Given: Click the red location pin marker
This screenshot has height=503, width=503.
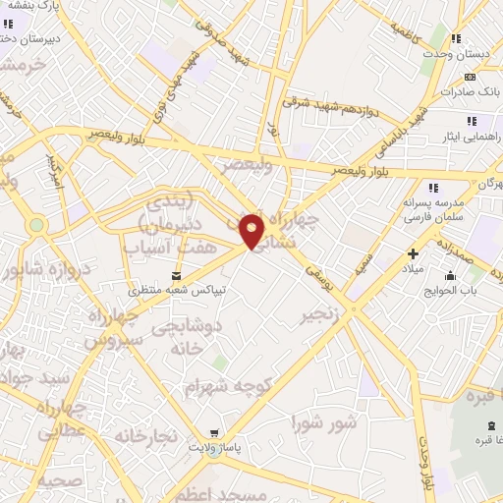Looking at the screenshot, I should (252, 231).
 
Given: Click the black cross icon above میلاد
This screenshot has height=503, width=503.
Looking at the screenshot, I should (413, 254).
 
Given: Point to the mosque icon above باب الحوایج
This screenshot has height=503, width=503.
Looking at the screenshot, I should (450, 275).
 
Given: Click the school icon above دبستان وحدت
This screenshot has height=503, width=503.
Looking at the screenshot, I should (456, 38).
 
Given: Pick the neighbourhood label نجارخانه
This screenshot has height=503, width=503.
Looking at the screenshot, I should (144, 433).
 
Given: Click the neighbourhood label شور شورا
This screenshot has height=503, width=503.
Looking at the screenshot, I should (323, 423).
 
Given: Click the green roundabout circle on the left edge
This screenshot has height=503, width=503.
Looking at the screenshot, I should (37, 225).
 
